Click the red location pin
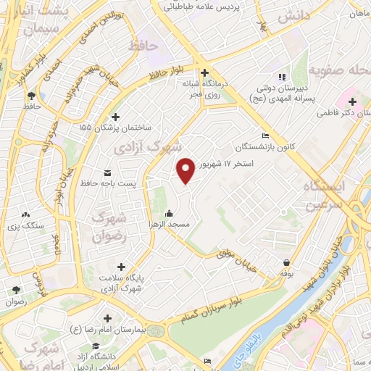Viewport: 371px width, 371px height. pos(186,170)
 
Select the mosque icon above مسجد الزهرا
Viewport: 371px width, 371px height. pos(169,213)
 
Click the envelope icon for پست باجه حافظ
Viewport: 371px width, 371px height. pos(107,172)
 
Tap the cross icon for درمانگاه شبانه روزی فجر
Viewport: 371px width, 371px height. pos(206,72)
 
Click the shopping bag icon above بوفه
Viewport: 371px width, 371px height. pos(288,262)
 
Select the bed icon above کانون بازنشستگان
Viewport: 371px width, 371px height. pos(265,136)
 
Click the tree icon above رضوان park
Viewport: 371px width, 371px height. pos(15,290)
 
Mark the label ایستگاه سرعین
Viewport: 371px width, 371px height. pos(334,195)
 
